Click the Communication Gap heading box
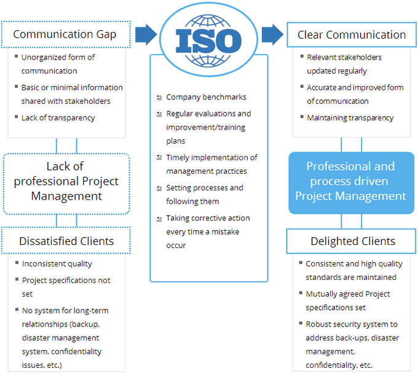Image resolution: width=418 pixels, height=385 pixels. (65, 34)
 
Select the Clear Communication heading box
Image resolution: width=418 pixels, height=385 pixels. (351, 35)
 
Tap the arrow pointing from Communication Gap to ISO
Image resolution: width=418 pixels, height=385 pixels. (146, 34)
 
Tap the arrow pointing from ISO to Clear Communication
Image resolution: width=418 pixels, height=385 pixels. (272, 34)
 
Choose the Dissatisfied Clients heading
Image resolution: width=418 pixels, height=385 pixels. (66, 241)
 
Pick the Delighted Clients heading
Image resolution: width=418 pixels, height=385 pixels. (352, 241)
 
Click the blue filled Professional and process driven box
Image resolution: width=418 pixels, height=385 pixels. (351, 181)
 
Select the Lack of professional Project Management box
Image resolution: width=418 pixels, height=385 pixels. (66, 181)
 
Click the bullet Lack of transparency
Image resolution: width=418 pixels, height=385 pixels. (58, 117)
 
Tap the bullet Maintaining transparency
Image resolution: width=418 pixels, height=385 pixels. (350, 117)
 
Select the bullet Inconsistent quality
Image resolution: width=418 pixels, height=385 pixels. (57, 263)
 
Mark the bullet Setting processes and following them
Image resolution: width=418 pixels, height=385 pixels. (204, 195)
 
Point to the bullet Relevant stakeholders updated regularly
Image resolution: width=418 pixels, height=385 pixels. (344, 64)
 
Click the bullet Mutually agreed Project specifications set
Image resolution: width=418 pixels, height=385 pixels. (348, 300)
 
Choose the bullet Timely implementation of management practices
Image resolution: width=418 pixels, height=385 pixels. (211, 164)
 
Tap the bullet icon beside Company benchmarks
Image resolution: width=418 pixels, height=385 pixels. (159, 98)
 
